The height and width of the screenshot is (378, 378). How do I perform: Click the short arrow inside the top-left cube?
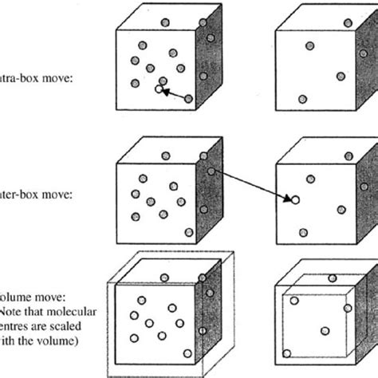point(173,94)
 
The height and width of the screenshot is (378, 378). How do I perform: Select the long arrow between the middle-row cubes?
point(252,184)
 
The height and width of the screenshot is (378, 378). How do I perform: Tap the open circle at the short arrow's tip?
point(158,89)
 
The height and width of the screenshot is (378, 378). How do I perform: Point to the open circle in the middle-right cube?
point(294,200)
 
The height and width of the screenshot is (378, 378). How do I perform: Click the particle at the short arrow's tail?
point(188,99)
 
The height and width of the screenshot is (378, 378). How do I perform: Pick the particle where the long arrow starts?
point(211,170)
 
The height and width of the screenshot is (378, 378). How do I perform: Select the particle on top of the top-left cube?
point(165,22)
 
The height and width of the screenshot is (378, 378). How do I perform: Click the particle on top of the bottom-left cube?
point(165,277)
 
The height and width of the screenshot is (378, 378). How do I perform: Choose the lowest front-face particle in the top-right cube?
point(302,99)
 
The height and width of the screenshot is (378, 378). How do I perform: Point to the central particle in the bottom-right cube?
point(324,330)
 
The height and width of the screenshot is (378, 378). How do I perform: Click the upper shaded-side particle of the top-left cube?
point(211,37)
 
